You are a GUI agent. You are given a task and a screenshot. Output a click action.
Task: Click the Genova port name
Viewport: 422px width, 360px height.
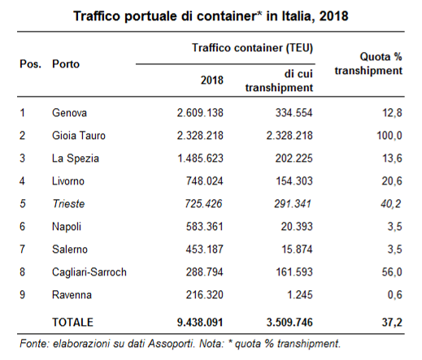point(69,113)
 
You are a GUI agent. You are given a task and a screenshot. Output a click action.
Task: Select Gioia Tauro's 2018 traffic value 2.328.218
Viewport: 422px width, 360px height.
point(200,136)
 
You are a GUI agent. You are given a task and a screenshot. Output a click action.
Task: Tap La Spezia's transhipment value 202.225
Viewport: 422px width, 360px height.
point(294,158)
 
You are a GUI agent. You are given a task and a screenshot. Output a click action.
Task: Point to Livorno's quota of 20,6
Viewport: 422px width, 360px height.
point(392,181)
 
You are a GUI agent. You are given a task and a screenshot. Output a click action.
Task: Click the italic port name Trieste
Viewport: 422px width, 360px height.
point(68,204)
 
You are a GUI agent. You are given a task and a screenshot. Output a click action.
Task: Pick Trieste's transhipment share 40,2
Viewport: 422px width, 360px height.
point(390,204)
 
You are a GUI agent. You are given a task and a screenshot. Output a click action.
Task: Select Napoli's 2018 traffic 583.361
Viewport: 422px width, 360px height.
point(204,227)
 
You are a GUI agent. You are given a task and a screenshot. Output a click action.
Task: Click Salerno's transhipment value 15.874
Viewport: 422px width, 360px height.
point(297,249)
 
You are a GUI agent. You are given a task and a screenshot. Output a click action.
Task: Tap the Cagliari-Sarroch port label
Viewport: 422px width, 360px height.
point(89,272)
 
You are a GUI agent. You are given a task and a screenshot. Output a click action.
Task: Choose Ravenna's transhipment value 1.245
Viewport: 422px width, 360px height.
point(300,295)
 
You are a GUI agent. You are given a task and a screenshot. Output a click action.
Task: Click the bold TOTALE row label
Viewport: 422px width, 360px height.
point(72,323)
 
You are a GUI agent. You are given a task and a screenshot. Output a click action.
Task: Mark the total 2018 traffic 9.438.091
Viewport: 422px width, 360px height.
point(200,323)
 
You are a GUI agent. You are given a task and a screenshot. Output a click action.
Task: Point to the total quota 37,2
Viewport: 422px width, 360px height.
point(392,323)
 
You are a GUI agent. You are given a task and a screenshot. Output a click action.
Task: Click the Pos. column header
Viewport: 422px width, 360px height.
point(30,64)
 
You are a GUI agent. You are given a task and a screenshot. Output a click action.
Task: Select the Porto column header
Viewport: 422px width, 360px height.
point(66,64)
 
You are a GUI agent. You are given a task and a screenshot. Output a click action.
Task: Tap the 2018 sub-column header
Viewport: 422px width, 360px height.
point(212,80)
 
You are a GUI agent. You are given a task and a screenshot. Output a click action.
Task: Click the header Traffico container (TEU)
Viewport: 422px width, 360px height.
point(252,48)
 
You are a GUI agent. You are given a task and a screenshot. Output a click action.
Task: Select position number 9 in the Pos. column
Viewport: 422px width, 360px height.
point(22,295)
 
